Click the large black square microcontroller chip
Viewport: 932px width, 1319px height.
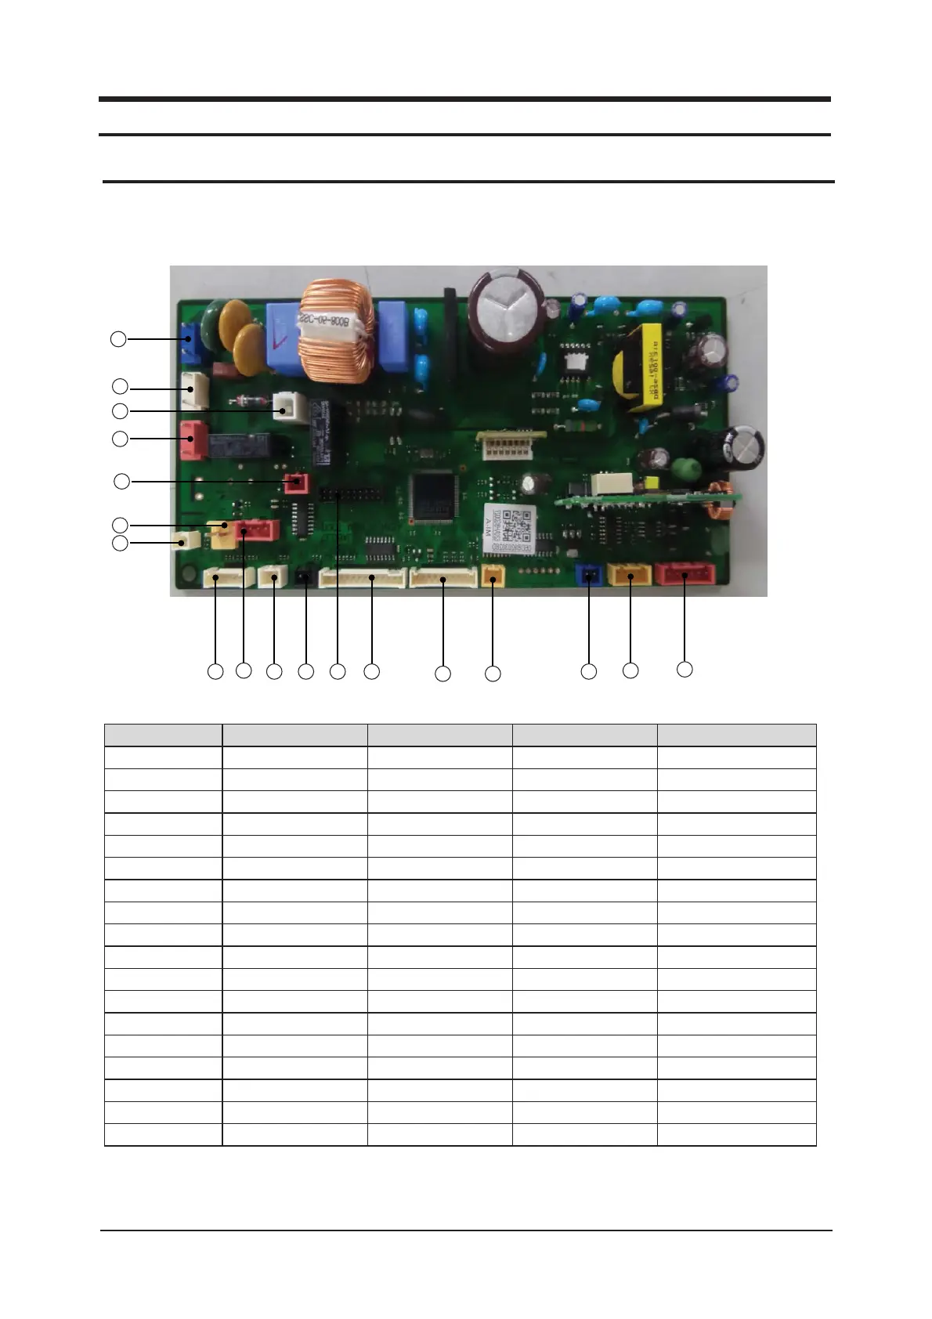tap(431, 496)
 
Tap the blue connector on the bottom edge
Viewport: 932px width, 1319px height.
tap(587, 576)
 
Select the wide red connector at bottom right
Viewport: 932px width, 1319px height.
tap(685, 574)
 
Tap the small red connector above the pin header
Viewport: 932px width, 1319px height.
tap(295, 482)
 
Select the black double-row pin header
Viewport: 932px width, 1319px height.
tap(348, 496)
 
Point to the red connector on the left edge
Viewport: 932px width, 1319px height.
tap(192, 439)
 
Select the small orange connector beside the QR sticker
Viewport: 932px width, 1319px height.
tap(493, 576)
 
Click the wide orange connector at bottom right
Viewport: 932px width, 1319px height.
tap(630, 576)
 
